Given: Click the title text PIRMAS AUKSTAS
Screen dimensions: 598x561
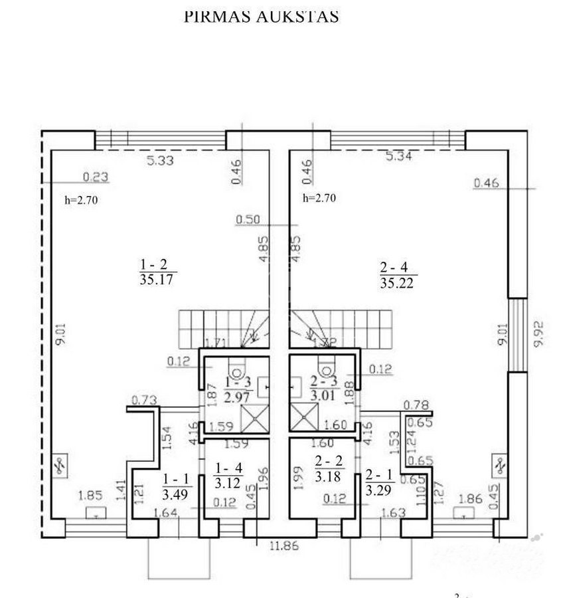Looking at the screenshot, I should tap(261, 17).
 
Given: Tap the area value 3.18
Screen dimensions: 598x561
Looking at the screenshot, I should tap(327, 477).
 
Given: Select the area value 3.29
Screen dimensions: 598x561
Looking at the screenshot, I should tap(378, 492).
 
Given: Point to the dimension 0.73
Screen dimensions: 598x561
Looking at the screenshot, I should tap(143, 400).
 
